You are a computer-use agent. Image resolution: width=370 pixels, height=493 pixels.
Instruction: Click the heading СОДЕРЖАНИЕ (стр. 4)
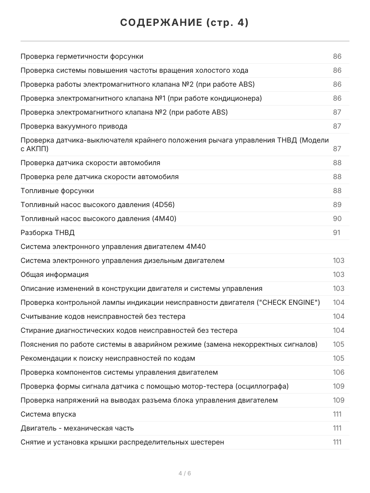(185, 23)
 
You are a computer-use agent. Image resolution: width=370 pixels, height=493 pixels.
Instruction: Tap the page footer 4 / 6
(185, 473)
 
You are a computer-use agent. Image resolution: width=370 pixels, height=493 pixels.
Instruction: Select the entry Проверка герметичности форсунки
(82, 56)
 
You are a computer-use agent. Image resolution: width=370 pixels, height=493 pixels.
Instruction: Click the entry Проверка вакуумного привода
(74, 126)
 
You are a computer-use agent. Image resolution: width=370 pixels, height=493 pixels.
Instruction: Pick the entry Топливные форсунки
(57, 191)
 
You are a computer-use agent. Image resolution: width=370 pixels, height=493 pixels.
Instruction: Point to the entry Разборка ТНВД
(48, 233)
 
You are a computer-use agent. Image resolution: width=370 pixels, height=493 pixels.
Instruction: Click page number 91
(337, 233)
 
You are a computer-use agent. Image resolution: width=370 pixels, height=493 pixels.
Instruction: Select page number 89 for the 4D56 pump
(337, 205)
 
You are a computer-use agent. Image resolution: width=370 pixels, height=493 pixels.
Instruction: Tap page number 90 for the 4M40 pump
(337, 219)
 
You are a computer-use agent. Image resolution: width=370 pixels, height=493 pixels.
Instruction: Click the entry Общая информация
(55, 274)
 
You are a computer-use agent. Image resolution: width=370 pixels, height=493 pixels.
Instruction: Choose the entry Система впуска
(48, 414)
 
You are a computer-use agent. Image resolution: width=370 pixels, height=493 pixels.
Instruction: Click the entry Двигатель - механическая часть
(77, 428)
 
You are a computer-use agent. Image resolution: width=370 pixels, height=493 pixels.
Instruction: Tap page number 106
(338, 372)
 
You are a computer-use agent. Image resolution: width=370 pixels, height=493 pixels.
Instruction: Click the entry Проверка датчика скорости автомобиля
(90, 163)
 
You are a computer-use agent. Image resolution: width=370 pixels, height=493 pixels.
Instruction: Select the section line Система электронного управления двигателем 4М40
(113, 246)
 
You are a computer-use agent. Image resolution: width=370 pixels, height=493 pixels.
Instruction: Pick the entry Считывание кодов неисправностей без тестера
(103, 316)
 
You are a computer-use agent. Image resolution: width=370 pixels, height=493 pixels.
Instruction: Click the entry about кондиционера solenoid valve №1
(141, 98)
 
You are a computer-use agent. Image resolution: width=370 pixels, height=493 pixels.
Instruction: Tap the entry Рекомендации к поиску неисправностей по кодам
(108, 358)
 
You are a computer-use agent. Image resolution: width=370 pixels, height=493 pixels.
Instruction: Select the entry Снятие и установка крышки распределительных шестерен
(122, 442)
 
